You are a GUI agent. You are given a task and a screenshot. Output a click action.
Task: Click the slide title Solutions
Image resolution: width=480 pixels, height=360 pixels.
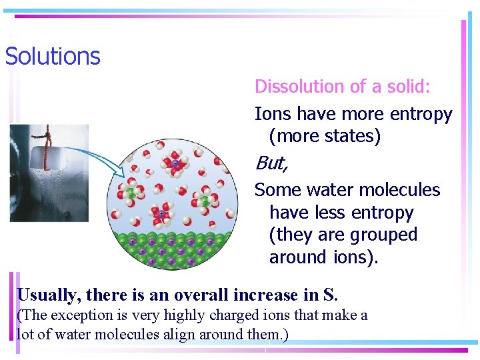point(53,56)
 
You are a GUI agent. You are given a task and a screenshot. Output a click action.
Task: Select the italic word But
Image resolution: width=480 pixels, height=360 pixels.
point(270,163)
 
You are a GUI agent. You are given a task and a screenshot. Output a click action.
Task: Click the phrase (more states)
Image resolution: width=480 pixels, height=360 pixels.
point(325,137)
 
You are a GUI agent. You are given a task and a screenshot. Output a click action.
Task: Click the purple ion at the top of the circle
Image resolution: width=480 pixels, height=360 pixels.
point(175,163)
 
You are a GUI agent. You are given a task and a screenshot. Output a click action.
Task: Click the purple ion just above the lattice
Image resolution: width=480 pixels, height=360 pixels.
point(161,215)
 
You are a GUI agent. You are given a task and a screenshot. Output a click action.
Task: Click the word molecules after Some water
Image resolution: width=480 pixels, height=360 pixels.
point(398,191)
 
